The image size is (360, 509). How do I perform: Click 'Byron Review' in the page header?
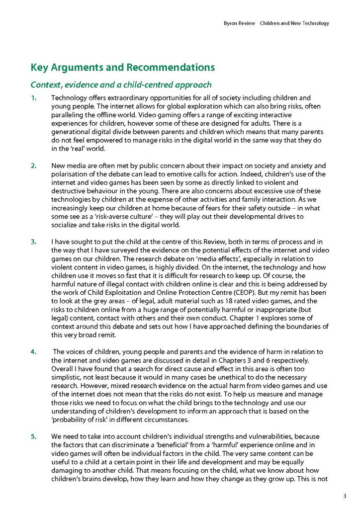(239, 23)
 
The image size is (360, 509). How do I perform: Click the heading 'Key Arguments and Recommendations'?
(123, 67)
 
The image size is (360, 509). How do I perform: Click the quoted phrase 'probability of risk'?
(82, 420)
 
